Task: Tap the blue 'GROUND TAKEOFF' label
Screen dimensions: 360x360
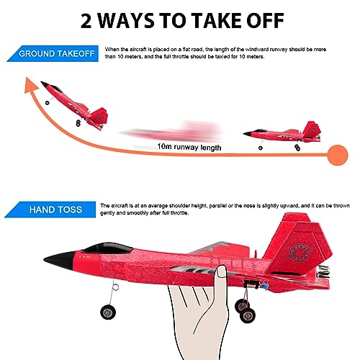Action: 50,54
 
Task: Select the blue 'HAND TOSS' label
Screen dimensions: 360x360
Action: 50,210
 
